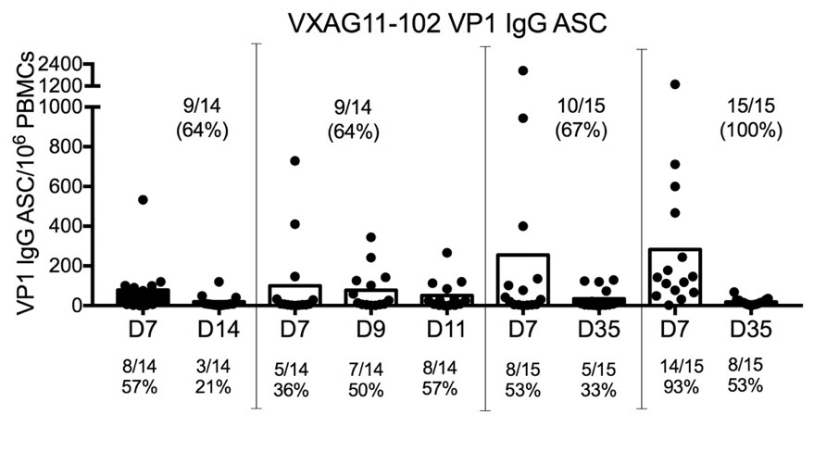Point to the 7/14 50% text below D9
point(365,379)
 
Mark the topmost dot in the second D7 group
point(294,161)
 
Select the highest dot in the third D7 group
point(523,70)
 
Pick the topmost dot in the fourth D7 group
point(675,84)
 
